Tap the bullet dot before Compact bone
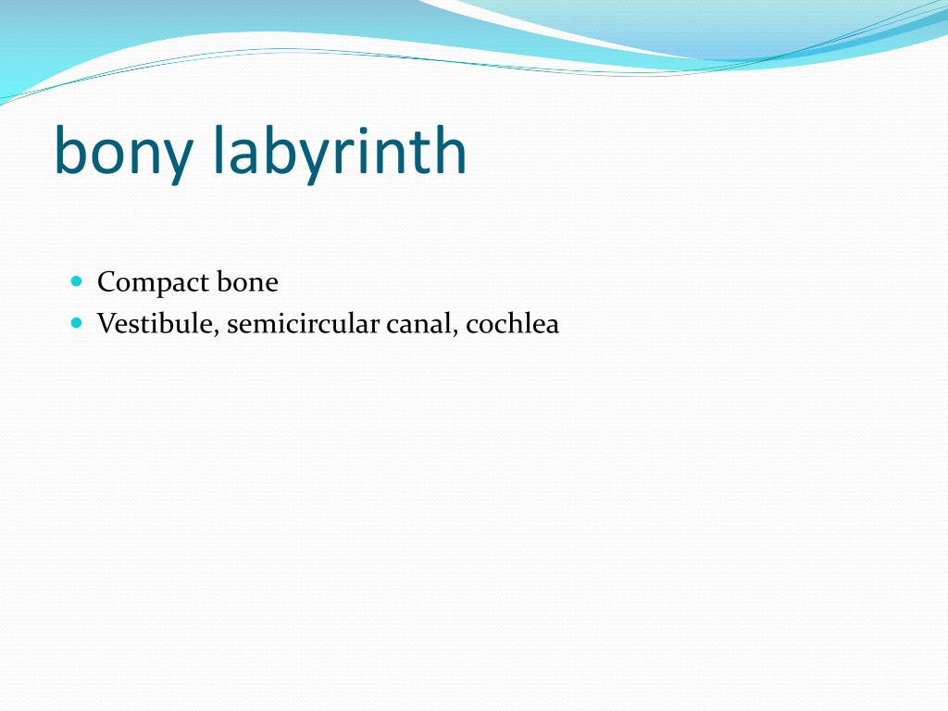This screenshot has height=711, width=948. [x=77, y=281]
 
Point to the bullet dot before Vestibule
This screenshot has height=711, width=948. [x=77, y=323]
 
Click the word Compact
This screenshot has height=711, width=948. [x=153, y=282]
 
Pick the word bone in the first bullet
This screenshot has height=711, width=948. [x=247, y=281]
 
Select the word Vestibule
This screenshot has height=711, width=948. [x=156, y=324]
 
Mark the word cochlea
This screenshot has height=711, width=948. [x=513, y=324]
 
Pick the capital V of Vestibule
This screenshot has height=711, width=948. [x=105, y=324]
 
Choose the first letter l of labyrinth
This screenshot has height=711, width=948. [x=218, y=149]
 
